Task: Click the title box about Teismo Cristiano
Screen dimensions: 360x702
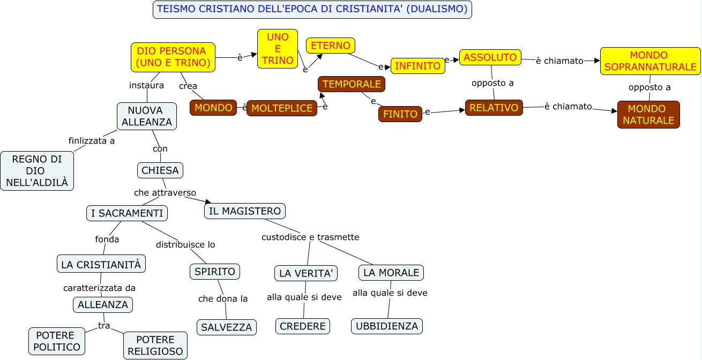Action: tap(312, 10)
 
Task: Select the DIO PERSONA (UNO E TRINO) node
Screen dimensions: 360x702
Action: tap(173, 57)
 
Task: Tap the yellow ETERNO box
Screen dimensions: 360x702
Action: tap(331, 46)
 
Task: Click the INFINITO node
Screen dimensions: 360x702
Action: tap(417, 66)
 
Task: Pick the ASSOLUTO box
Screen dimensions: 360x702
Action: tap(490, 57)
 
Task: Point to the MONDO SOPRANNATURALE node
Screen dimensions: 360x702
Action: tap(650, 61)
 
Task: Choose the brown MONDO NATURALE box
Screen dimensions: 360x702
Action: tap(648, 115)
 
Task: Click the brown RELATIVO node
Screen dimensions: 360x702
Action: tap(494, 108)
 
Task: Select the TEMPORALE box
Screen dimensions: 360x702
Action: tap(351, 84)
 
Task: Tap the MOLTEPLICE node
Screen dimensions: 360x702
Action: tap(281, 108)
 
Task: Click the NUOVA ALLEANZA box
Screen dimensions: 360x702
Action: tap(147, 116)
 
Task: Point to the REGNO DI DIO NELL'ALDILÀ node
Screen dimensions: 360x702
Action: tap(37, 171)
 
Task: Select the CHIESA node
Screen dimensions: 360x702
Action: tap(160, 170)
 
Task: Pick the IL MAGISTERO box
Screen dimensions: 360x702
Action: tap(244, 211)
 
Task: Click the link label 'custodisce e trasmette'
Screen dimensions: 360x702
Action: tap(310, 237)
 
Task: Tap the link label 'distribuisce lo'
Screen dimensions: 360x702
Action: tap(185, 244)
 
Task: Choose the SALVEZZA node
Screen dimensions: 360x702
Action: tap(226, 327)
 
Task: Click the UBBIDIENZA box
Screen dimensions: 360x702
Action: tap(387, 326)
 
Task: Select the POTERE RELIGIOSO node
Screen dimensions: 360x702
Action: tap(155, 346)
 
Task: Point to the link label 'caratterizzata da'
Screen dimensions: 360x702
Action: tap(99, 288)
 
